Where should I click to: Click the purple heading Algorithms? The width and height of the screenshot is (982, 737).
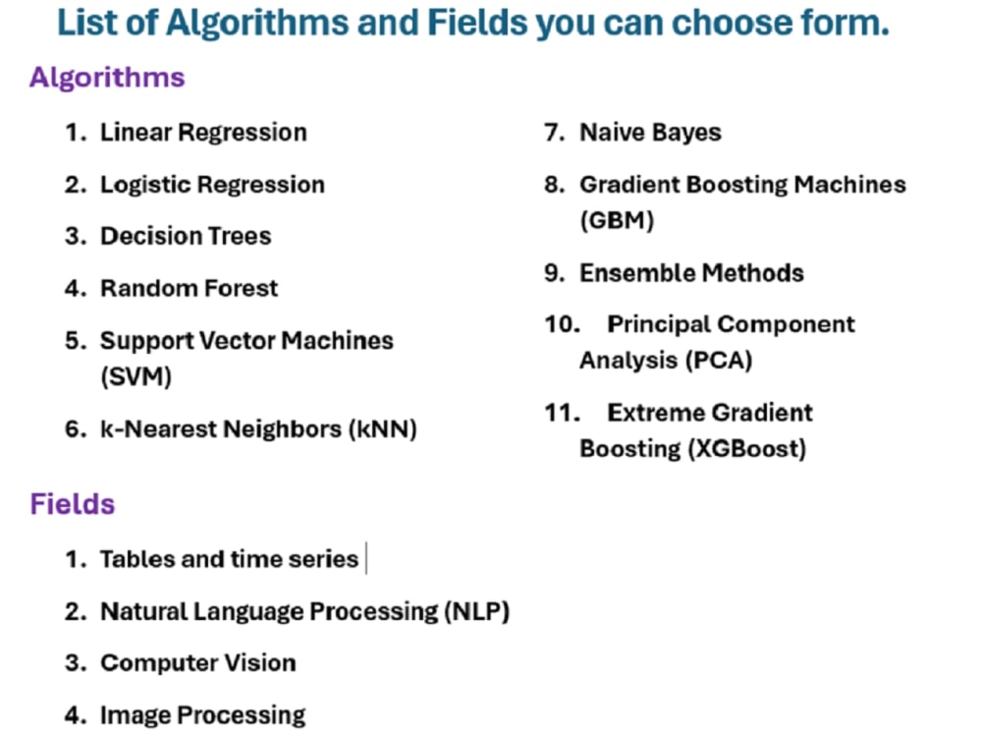click(107, 78)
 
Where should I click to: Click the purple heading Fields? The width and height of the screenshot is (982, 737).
click(73, 504)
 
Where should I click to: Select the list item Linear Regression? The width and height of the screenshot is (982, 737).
click(203, 133)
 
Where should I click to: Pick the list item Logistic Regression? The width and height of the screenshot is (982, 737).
click(212, 185)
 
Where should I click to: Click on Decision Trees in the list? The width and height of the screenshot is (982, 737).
click(186, 236)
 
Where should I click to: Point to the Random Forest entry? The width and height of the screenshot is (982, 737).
click(190, 289)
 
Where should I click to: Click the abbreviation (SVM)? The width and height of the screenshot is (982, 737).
click(136, 377)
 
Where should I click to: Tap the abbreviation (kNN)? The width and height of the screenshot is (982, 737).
click(383, 429)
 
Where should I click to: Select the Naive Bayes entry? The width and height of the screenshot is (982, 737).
click(650, 133)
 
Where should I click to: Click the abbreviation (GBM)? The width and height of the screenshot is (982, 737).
click(617, 221)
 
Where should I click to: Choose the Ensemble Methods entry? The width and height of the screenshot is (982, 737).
click(691, 273)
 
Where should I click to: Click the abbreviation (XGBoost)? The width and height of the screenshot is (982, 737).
click(748, 449)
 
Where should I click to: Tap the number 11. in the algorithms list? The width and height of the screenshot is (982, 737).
click(563, 413)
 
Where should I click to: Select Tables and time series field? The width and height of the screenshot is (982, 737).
click(229, 559)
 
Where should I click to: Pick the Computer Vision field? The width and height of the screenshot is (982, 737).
click(197, 663)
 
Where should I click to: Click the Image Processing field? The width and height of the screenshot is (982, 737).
click(202, 715)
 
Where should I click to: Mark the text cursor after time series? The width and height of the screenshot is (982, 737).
click(365, 559)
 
